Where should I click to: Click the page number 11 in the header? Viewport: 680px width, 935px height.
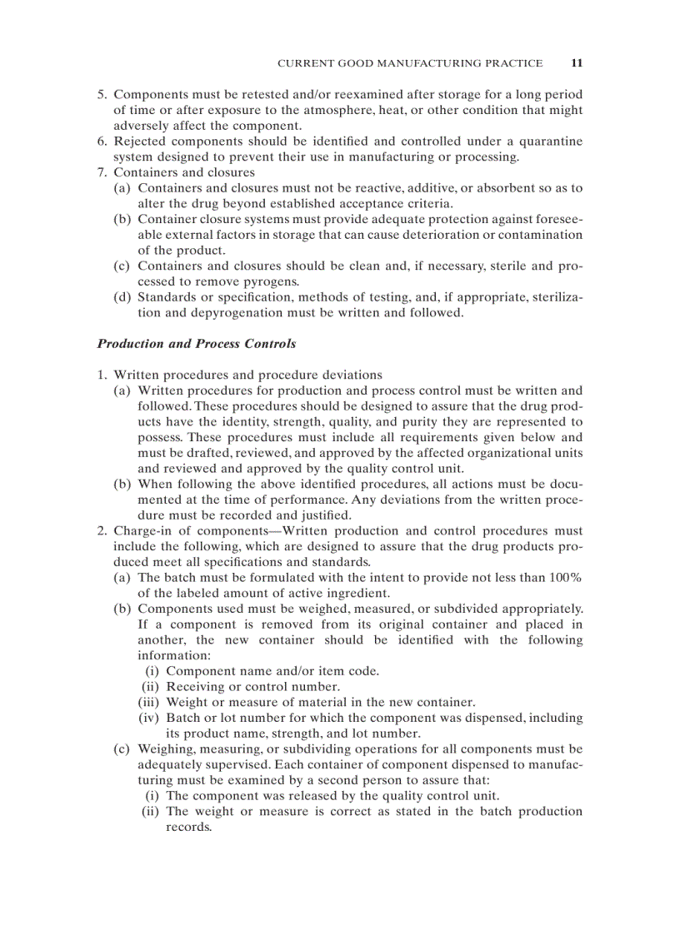tap(577, 62)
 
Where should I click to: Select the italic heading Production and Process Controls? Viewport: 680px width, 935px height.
tap(196, 344)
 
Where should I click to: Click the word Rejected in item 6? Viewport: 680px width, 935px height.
tap(142, 142)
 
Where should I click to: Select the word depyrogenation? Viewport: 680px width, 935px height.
tap(207, 313)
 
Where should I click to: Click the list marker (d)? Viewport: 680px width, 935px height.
tap(123, 297)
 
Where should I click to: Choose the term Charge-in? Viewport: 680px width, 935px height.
tap(145, 531)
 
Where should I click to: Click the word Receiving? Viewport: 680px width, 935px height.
tap(197, 686)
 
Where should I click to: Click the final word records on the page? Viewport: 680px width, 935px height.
tap(188, 827)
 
